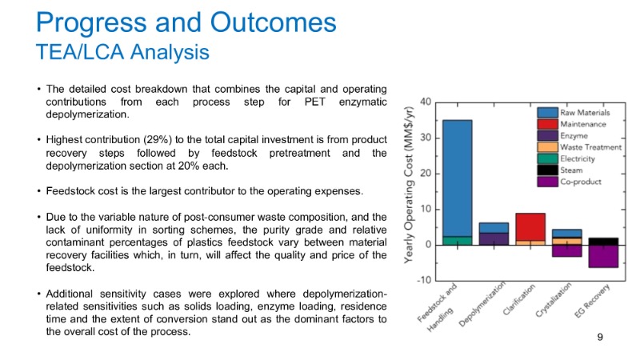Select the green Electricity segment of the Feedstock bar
[x=457, y=240]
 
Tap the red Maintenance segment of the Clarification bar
[x=530, y=226]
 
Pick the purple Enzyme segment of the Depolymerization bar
[x=494, y=238]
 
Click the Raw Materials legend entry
[x=582, y=113]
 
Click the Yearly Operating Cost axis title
[x=407, y=191]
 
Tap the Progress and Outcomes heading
[x=186, y=21]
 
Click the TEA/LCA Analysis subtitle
[x=122, y=52]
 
